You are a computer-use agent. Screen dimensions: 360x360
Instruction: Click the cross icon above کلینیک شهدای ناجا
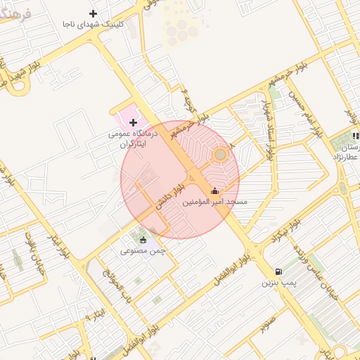pyautogui.click(x=94, y=13)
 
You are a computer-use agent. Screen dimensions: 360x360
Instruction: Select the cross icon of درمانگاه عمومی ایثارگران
pyautogui.click(x=133, y=123)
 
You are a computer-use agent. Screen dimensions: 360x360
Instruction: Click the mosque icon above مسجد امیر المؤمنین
pyautogui.click(x=214, y=191)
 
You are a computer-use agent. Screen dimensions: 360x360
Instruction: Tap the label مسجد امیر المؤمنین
pyautogui.click(x=215, y=202)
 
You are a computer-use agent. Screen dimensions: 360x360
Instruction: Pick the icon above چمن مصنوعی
pyautogui.click(x=143, y=240)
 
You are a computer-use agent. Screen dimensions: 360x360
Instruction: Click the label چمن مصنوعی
pyautogui.click(x=143, y=251)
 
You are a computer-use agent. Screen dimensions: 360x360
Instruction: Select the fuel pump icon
pyautogui.click(x=279, y=271)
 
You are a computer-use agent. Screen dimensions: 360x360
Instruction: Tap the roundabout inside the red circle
pyautogui.click(x=220, y=154)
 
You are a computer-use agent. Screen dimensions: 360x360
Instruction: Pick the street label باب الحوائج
pyautogui.click(x=114, y=283)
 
